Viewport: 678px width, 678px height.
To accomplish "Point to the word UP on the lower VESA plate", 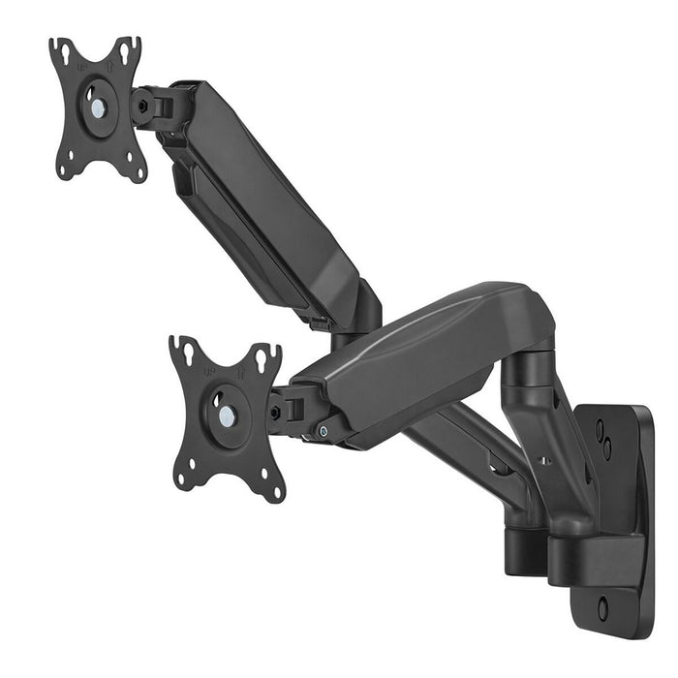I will click(210, 369).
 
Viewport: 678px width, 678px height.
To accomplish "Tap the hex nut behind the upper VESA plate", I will click(141, 106).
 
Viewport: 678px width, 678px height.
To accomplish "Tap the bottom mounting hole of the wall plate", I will click(602, 609).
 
